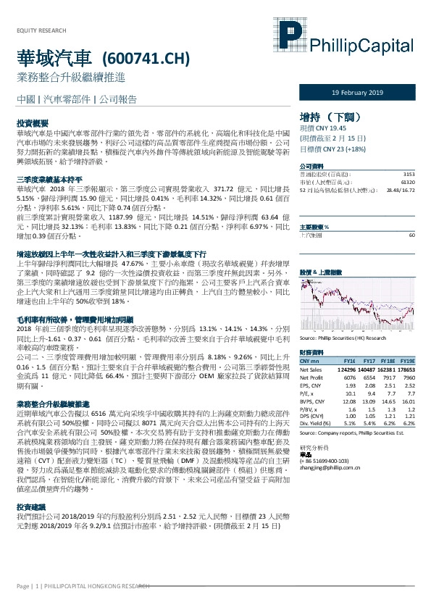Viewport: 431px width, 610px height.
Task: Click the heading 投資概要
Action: pos(33,124)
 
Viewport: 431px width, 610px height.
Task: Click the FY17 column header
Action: pos(369,360)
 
